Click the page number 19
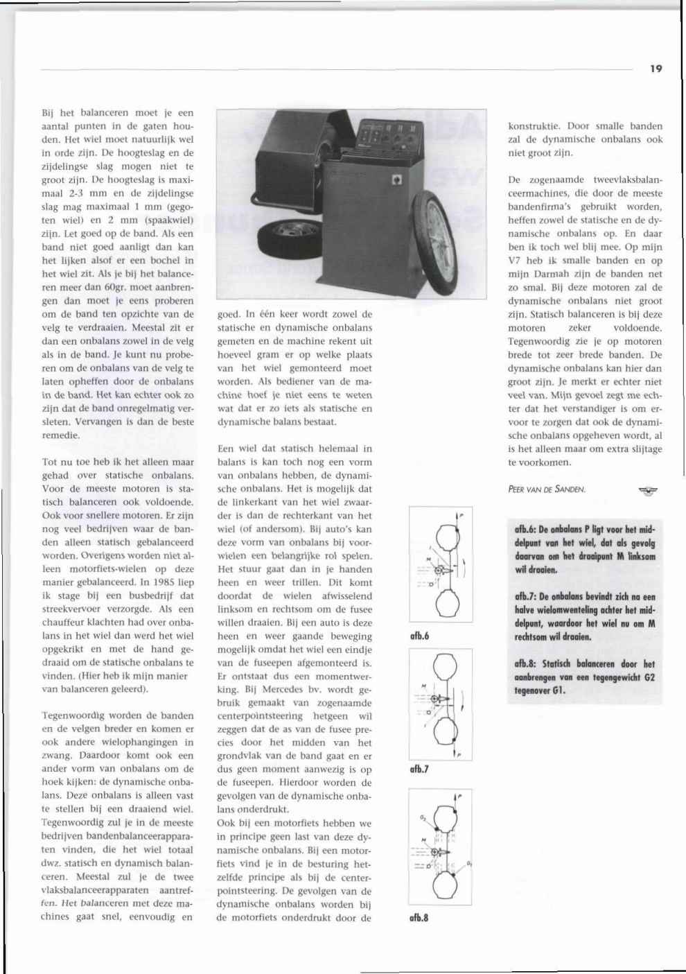pyautogui.click(x=656, y=69)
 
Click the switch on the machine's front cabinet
pyautogui.click(x=397, y=180)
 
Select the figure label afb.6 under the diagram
pyautogui.click(x=419, y=635)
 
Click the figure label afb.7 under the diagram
pyautogui.click(x=419, y=769)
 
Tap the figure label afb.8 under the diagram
pyautogui.click(x=419, y=918)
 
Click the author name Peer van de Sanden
pyautogui.click(x=547, y=489)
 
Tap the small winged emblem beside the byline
pyautogui.click(x=648, y=490)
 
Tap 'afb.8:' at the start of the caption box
pyautogui.click(x=527, y=663)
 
